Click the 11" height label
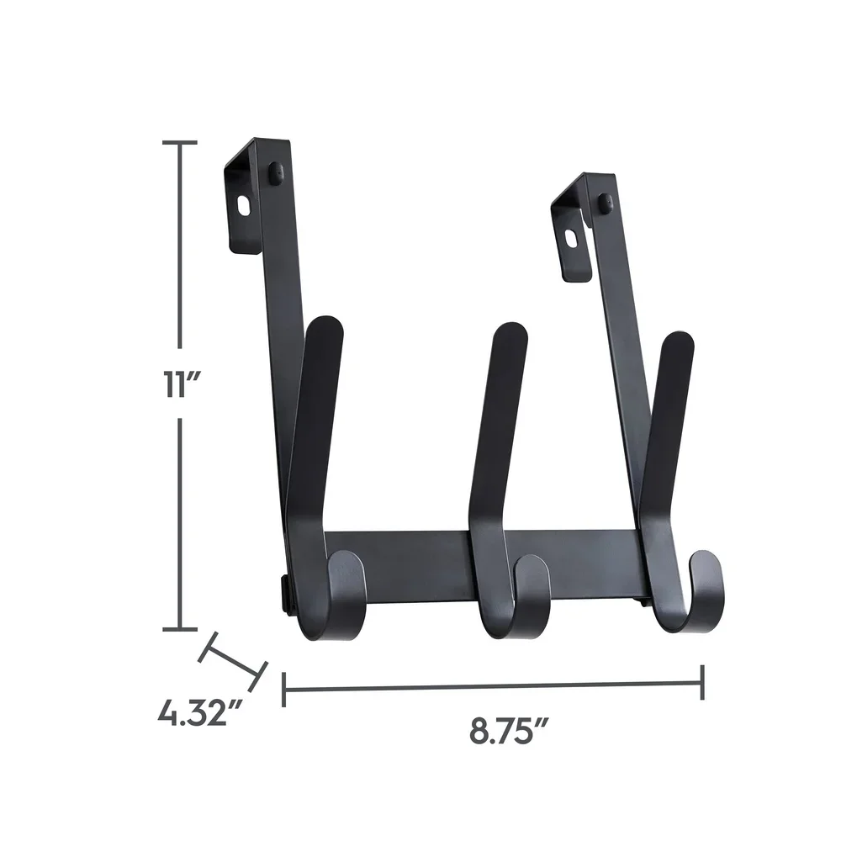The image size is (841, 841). pos(180,386)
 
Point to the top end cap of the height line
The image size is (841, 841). pos(180,144)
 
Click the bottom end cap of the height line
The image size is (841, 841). pos(180,627)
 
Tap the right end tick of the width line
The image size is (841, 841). pos(702,682)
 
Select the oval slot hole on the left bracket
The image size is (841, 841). pos(243,206)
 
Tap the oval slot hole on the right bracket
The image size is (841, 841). pos(573,239)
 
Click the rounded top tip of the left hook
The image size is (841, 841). pos(326,328)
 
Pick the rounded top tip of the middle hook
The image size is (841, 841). pos(510,334)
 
